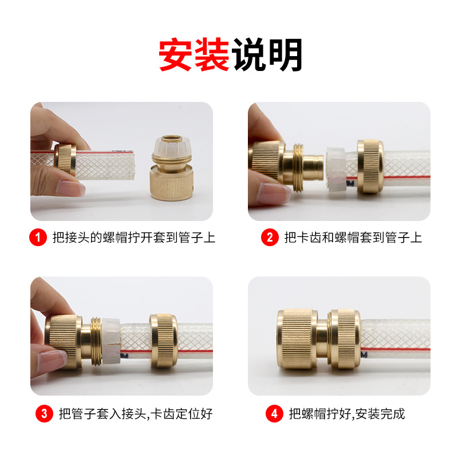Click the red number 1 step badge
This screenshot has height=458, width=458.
38,237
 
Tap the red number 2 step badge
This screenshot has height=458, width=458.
270,237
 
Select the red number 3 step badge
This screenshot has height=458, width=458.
44,413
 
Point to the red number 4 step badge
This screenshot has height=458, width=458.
274,413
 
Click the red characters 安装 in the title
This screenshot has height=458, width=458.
194,54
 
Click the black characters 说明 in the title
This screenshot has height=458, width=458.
267,54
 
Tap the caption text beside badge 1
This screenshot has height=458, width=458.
134,237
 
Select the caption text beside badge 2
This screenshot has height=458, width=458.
353,237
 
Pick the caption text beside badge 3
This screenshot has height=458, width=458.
136,413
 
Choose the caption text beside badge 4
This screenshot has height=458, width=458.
347,413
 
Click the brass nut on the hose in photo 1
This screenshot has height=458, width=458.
65,159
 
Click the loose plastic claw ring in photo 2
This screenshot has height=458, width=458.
336,169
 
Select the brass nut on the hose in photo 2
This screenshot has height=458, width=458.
370,166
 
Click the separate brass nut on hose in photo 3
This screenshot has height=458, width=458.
164,341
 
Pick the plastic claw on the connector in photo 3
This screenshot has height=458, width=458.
111,341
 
